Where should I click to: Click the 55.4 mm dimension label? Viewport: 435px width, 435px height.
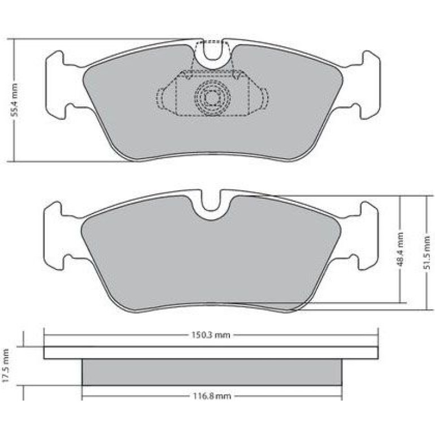15,99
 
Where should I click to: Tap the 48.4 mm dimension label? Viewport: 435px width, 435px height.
401,250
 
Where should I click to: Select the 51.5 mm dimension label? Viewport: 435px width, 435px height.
427,252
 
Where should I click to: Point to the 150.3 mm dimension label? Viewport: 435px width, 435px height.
211,335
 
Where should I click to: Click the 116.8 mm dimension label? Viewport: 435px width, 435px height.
212,396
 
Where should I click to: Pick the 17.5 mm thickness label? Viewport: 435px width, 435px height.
6,366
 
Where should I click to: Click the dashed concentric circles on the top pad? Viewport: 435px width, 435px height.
212,98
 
